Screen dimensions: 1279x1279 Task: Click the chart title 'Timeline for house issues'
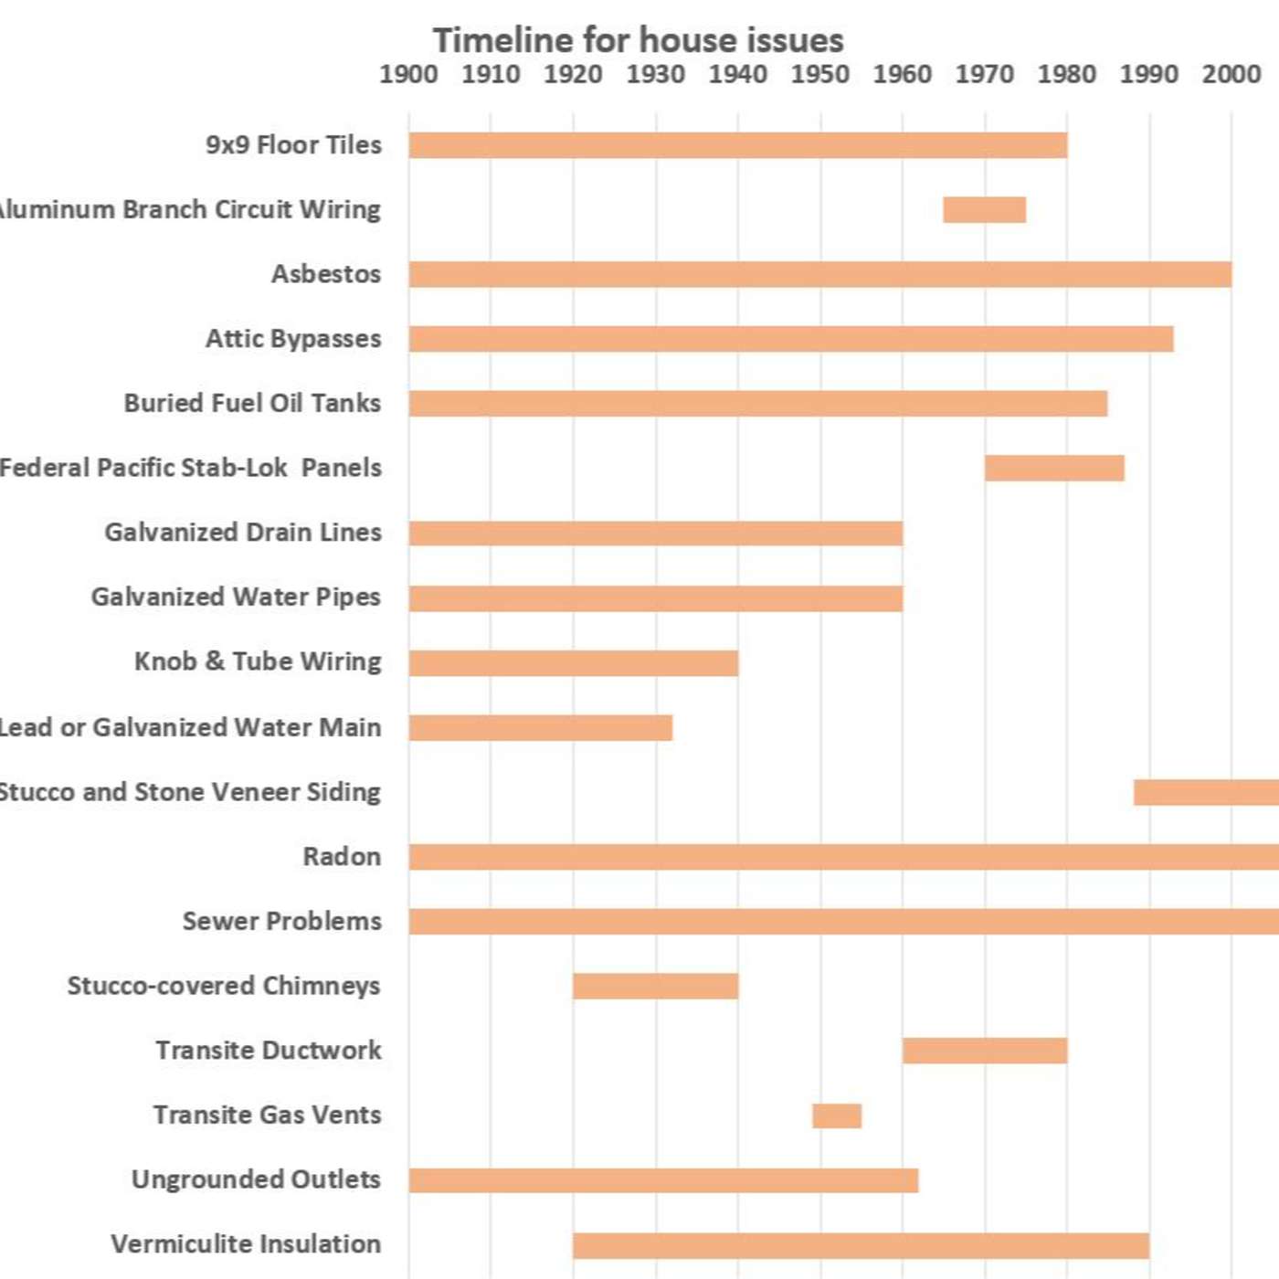638,40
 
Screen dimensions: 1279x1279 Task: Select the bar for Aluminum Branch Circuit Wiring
984,209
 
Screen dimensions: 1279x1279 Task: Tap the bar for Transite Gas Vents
836,1115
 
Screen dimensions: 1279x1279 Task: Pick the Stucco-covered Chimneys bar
655,986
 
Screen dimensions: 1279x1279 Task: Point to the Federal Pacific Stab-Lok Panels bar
1054,468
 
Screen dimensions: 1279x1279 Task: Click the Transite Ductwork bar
984,1051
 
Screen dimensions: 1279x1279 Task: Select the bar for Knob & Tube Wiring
573,662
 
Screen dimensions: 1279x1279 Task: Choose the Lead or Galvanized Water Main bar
540,727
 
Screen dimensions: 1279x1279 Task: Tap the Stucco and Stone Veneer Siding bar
1206,792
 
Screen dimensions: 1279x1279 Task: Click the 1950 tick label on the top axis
819,74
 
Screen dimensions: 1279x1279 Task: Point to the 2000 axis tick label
1231,74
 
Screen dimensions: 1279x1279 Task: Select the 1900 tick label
408,74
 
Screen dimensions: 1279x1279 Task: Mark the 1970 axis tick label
984,74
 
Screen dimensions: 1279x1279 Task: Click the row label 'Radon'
342,857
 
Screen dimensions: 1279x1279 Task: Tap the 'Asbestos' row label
326,274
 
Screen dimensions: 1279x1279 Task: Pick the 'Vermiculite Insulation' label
246,1244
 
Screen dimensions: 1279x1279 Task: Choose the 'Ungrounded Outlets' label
256,1179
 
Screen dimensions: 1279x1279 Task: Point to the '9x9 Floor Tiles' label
293,144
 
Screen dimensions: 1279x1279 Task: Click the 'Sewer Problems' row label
281,921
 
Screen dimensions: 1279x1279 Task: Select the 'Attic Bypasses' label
293,339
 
